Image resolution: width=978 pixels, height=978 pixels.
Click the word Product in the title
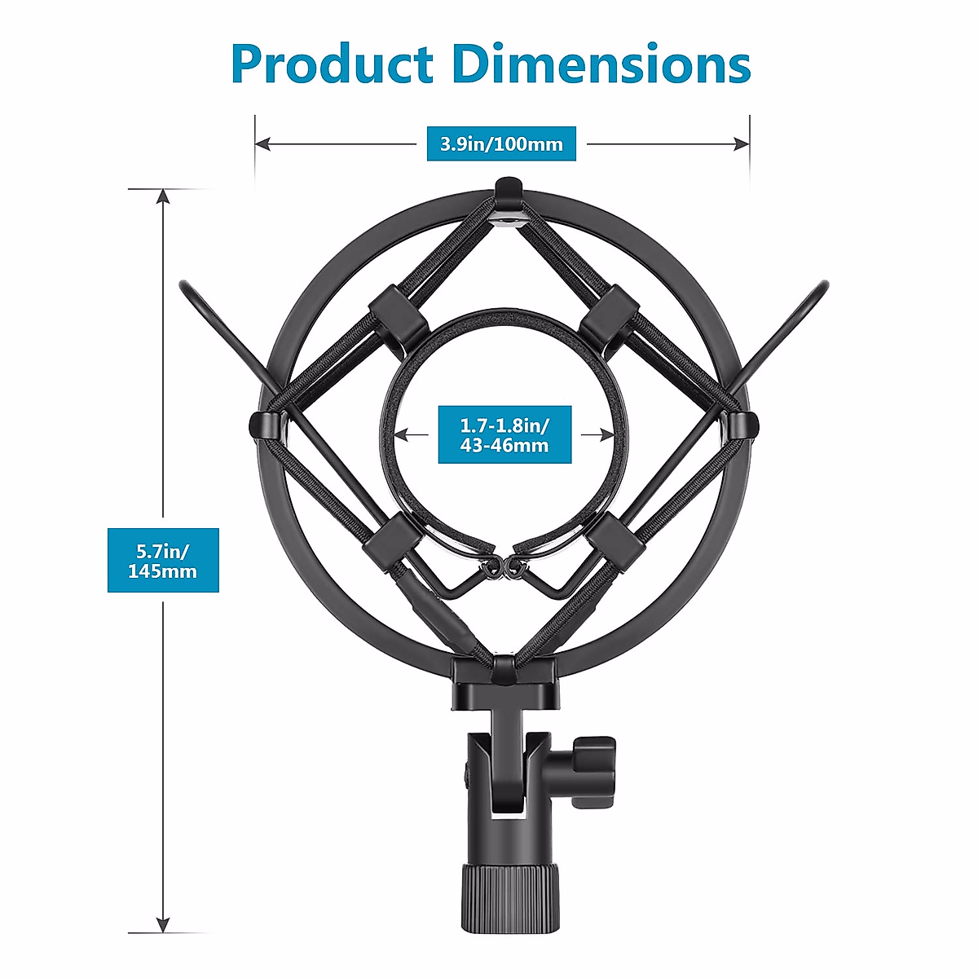(x=331, y=64)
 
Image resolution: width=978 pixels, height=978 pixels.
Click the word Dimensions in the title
(x=601, y=64)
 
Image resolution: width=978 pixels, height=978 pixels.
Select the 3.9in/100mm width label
(x=501, y=144)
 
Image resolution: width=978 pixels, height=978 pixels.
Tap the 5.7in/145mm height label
(x=163, y=560)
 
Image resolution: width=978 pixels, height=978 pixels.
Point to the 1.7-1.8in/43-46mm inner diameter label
(x=504, y=435)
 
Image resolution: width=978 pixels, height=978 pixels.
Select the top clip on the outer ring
(x=506, y=192)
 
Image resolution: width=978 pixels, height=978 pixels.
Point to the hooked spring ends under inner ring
(x=504, y=566)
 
